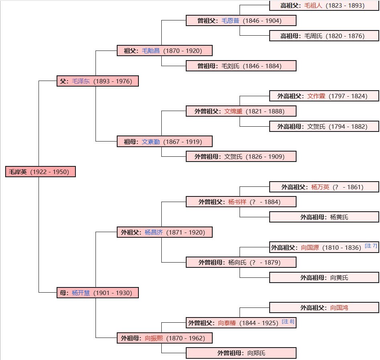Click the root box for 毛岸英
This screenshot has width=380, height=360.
41,172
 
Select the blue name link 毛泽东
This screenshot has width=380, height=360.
81,81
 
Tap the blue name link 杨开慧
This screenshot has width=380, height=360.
81,293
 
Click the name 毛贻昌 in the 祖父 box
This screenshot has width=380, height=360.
151,51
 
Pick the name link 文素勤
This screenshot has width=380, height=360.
151,142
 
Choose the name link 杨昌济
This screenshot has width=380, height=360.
154,233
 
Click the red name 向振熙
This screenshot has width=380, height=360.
154,338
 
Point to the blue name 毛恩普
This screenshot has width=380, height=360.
230,20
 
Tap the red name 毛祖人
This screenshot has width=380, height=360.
313,6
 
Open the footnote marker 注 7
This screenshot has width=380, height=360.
371,246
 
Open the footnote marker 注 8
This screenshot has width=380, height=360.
288,322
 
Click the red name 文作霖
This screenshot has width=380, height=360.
316,96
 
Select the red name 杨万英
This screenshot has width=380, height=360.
320,187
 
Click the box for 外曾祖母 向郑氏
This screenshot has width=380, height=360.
241,353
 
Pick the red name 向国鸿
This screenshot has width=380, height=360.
339,308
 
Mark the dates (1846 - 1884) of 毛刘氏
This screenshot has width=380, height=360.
262,66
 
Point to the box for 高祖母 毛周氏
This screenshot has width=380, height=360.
324,36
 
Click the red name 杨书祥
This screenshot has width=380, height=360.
237,202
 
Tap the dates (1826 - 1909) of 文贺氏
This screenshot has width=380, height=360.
265,157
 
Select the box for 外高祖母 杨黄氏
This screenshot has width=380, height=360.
324,217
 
